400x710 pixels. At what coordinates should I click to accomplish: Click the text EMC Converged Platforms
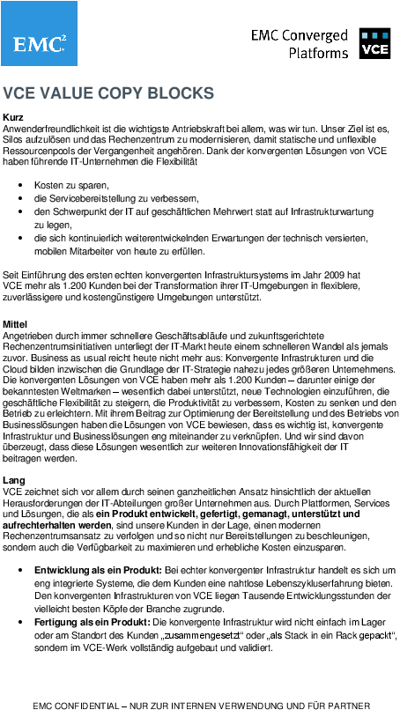click(x=300, y=44)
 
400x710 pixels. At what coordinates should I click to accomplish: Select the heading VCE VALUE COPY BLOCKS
click(x=108, y=92)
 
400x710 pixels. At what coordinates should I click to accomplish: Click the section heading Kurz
click(x=13, y=117)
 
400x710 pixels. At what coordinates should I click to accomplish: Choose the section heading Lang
click(x=14, y=480)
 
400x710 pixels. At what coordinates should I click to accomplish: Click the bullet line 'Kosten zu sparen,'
click(x=71, y=187)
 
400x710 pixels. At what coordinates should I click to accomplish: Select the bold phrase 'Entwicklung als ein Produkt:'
click(x=96, y=572)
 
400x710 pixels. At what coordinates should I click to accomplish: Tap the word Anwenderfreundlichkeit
click(x=53, y=129)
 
